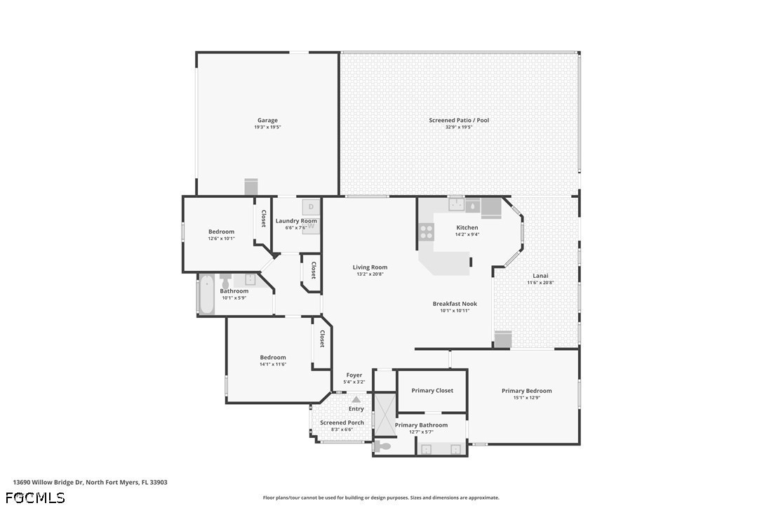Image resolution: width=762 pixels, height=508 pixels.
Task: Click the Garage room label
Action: pos(267,120)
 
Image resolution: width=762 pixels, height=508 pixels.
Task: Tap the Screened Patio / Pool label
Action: pos(459,120)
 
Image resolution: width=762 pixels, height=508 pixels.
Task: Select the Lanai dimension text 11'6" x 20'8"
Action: pos(540,283)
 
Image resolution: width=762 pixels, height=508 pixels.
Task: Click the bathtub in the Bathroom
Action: pos(206,294)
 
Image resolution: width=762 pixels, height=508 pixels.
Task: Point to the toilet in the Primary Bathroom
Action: pos(383,446)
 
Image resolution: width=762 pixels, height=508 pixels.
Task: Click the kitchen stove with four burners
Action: pos(426,232)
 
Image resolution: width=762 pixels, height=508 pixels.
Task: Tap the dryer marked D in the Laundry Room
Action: pos(311,207)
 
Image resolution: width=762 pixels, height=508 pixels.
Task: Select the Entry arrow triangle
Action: pos(356,400)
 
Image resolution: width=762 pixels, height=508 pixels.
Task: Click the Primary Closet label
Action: pos(432,390)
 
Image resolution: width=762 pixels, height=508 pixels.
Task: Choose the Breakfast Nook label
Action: pos(455,304)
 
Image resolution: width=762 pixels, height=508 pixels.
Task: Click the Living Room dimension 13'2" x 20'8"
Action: pos(370,274)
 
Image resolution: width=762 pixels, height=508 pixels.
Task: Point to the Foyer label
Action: pos(354,375)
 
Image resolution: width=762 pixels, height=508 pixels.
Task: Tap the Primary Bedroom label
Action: pos(527,390)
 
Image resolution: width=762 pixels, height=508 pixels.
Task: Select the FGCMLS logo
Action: pos(35,497)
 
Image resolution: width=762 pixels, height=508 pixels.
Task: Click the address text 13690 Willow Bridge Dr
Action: pos(48,482)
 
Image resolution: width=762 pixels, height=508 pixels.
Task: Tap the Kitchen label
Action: pos(467,227)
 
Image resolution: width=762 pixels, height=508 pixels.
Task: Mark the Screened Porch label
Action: pos(342,422)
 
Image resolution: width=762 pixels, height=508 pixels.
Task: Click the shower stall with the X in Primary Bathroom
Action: pos(384,414)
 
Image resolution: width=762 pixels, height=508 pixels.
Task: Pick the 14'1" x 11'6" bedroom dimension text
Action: pos(273,364)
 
